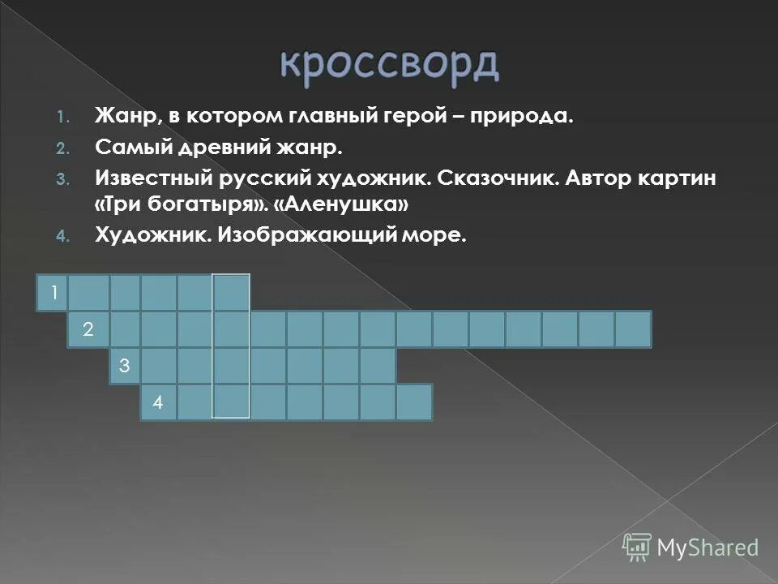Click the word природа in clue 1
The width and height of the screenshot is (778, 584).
point(526,118)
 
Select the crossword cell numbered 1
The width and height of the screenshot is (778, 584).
point(53,293)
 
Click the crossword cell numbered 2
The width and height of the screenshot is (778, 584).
point(88,329)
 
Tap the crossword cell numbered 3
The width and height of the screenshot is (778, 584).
point(125,366)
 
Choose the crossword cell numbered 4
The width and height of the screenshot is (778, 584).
point(159,402)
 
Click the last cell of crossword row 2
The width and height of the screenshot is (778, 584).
point(633,329)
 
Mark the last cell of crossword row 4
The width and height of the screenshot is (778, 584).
point(414,402)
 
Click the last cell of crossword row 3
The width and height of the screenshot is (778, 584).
point(378,366)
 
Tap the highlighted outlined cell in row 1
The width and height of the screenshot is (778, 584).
point(231,293)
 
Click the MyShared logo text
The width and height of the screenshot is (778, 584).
point(707,547)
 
